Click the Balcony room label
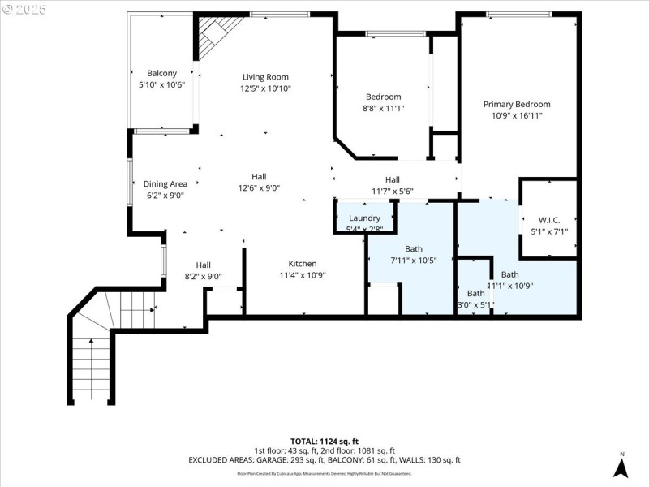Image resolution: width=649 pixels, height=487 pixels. pos(161,73)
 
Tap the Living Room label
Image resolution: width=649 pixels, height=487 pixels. pos(265,77)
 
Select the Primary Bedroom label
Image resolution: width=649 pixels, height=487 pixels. pos(517,104)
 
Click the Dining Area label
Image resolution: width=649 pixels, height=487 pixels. pos(165,183)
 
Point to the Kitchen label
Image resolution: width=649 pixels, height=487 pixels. pos(303,264)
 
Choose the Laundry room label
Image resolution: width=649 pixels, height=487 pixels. pos(364,218)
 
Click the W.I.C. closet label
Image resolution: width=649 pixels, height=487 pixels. pos(549,220)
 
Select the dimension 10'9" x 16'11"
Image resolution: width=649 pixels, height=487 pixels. pos(517,115)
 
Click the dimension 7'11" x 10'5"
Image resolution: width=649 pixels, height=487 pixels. pos(414,261)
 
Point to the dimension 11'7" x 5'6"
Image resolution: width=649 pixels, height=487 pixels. pos(393,192)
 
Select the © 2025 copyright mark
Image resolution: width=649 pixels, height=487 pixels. pos(24,10)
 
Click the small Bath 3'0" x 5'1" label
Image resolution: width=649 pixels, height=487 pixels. pos(475,294)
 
